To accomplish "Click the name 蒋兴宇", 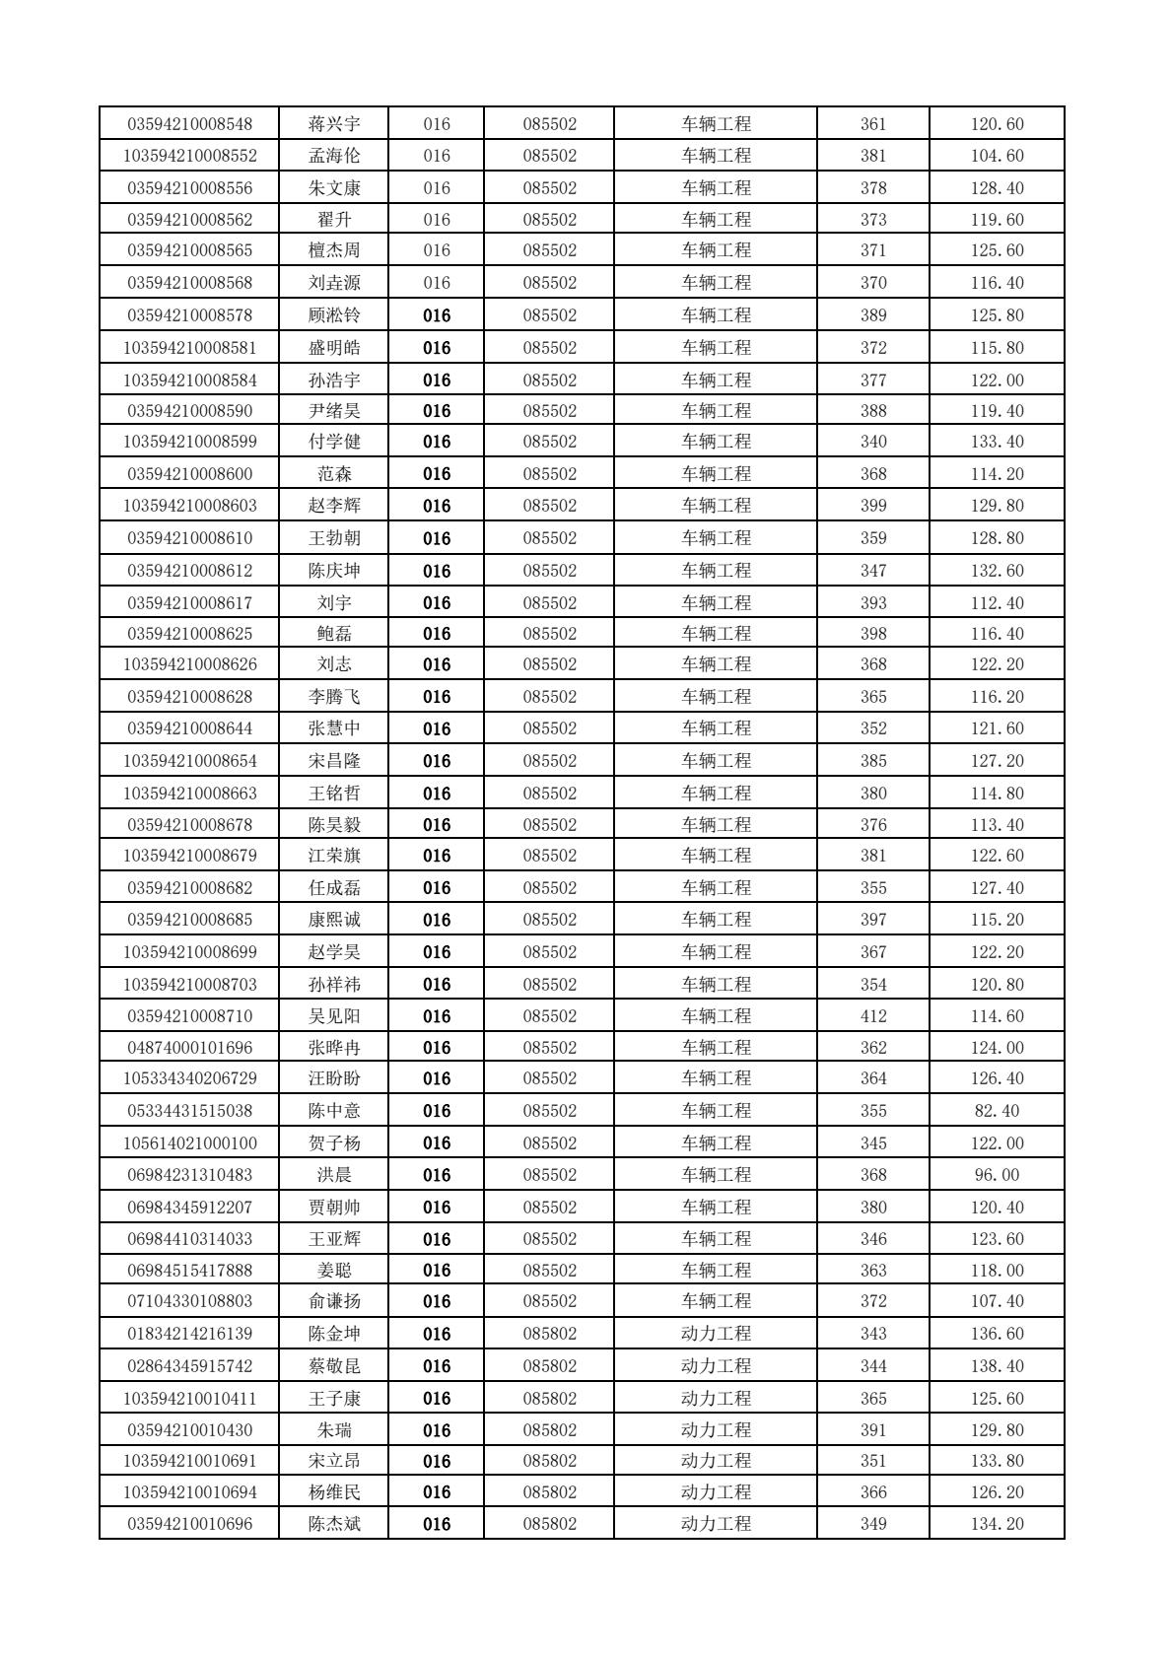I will pos(334,124).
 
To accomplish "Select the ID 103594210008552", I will pos(189,156).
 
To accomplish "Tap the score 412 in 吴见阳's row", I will pos(873,1016).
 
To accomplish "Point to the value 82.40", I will pos(997,1111).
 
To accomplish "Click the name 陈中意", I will pos(334,1111).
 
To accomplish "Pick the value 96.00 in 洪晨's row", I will pos(997,1175).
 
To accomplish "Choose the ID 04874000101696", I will pos(189,1048).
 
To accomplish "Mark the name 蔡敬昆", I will pos(334,1366).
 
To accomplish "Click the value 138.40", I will pos(997,1366).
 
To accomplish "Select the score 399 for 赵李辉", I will pos(873,506).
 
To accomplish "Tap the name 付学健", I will pos(334,442).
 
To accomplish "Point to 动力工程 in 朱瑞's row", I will pos(716,1430).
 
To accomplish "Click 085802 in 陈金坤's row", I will pos(549,1334).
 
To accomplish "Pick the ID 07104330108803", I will pos(189,1301).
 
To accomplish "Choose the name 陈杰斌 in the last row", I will pos(334,1524).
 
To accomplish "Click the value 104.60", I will pos(997,156).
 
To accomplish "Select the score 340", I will pos(873,442).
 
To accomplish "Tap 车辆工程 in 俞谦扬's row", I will pos(716,1301).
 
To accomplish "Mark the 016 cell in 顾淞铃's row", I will pos(437,315).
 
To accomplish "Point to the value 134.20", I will pos(997,1524).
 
